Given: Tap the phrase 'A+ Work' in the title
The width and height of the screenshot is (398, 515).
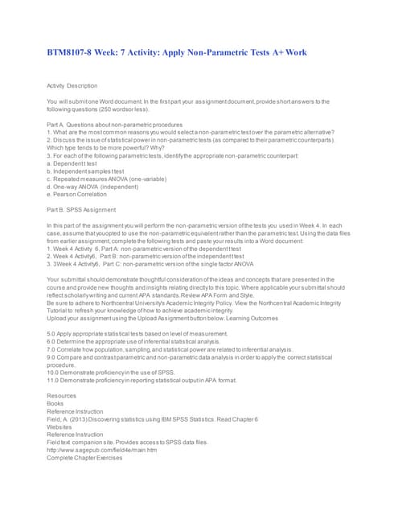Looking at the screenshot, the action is [x=283, y=52].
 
